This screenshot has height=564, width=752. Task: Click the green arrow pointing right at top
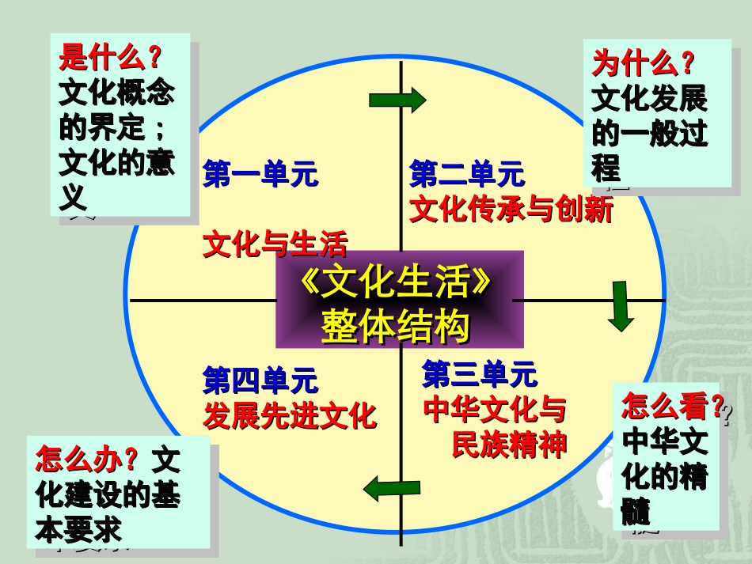point(397,100)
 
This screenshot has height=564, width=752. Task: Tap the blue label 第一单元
point(260,174)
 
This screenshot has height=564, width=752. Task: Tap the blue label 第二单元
point(467,173)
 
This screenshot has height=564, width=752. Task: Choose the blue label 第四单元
point(260,380)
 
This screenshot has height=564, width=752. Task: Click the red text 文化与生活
point(275,245)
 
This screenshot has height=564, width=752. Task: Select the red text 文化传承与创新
point(511,210)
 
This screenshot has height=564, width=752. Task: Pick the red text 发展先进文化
point(290,415)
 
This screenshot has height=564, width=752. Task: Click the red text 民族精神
point(509,445)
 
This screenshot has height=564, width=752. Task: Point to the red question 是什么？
point(110,58)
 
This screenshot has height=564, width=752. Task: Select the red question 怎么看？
point(673,407)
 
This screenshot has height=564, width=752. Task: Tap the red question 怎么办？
point(87,459)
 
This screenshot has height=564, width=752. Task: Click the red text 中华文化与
point(495,411)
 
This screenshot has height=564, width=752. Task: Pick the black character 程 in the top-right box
point(606,168)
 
